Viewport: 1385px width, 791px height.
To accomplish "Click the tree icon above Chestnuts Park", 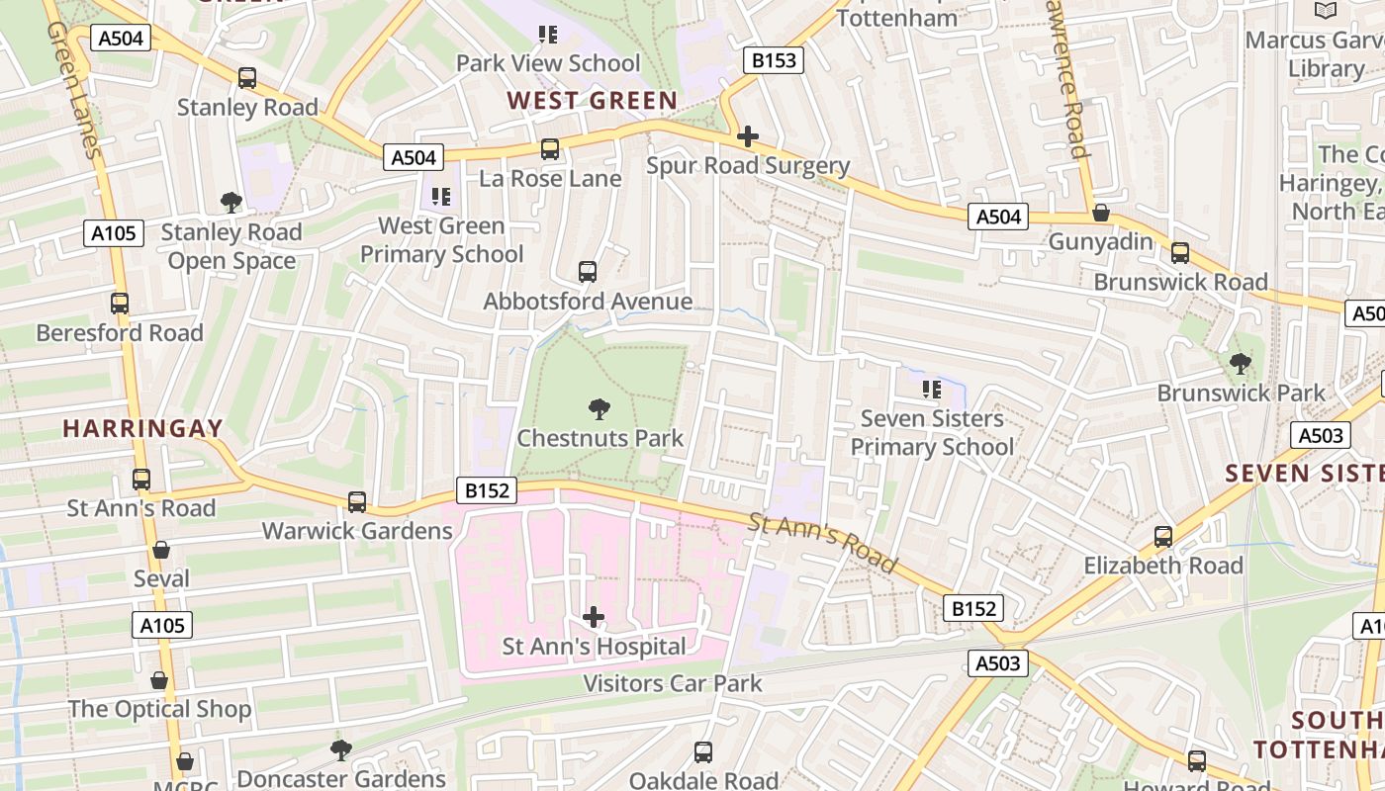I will (599, 408).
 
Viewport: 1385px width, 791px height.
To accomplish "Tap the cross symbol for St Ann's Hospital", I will (594, 618).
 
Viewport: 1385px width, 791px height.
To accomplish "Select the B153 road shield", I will (773, 60).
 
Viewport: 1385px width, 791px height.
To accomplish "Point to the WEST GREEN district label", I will (592, 101).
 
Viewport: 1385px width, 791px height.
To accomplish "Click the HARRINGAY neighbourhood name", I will (142, 429).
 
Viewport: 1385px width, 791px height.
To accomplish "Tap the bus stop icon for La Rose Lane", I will (550, 149).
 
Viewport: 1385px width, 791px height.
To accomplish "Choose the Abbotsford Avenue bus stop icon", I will (588, 272).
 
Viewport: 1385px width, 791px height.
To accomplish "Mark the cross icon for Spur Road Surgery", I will (748, 136).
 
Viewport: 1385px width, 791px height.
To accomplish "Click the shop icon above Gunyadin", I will (1100, 213).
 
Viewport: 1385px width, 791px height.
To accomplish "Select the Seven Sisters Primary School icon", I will (931, 390).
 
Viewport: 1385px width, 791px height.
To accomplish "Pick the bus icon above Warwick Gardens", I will (357, 502).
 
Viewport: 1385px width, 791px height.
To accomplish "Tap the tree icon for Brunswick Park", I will (1241, 364).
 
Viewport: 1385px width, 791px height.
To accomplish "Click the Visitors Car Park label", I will (672, 683).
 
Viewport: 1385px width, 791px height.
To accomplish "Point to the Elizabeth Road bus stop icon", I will (1163, 537).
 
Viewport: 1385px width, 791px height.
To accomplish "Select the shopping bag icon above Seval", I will (161, 550).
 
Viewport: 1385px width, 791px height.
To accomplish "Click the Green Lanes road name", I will (73, 89).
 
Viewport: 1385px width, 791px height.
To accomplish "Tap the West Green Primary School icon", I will (441, 197).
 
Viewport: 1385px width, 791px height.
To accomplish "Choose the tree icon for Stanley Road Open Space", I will (231, 203).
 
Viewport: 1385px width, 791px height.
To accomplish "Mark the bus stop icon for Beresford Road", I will (120, 304).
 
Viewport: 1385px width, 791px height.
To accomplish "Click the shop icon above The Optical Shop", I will (159, 680).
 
